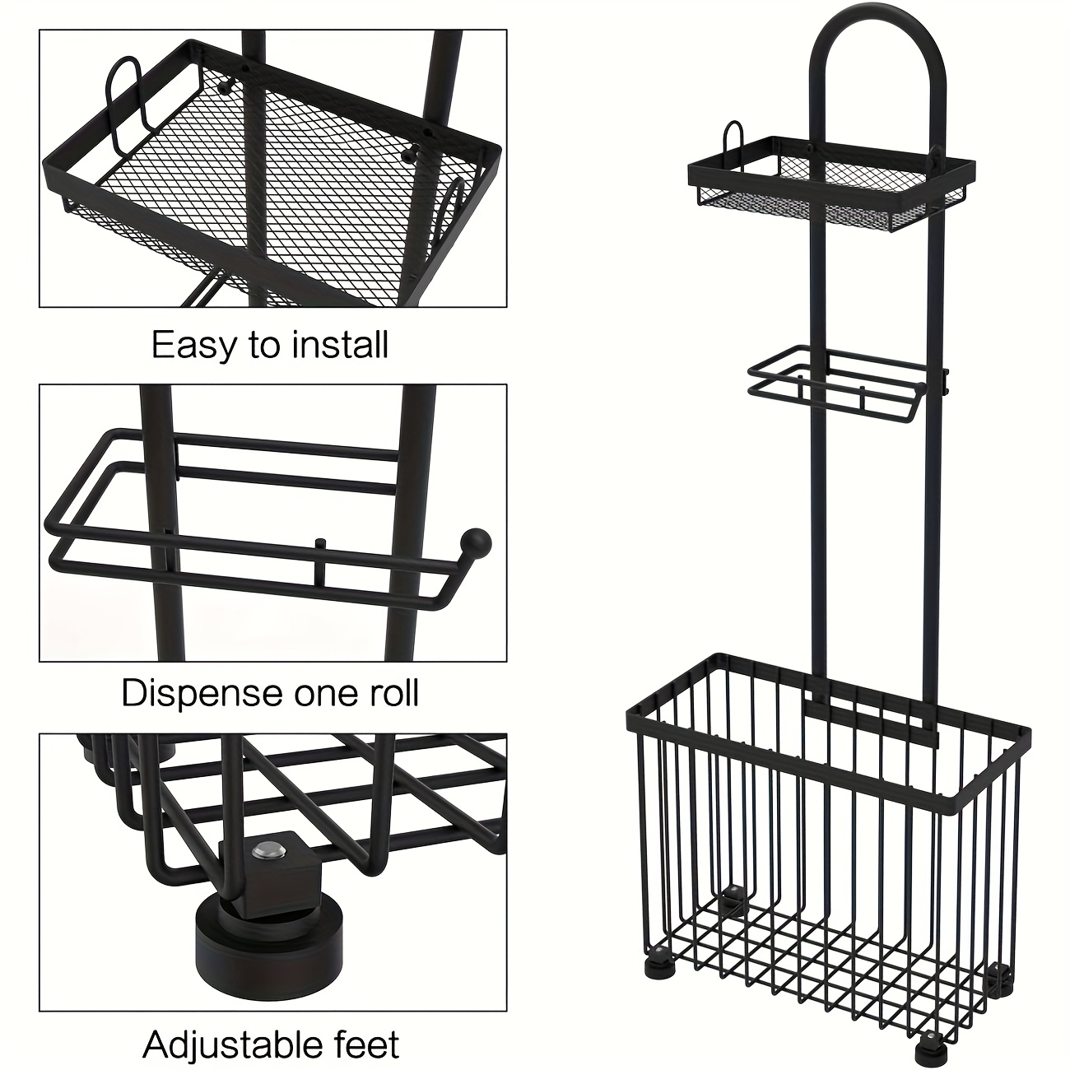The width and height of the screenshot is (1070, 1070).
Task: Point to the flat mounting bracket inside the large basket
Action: click(x=872, y=719)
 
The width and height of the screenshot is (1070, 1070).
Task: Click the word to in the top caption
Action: click(x=261, y=346)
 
